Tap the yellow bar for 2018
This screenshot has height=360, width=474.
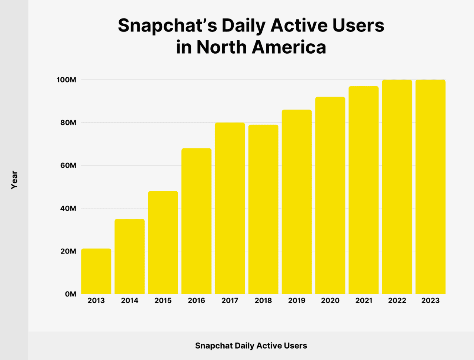[x=263, y=209]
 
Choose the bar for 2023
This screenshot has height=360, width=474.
[x=430, y=187]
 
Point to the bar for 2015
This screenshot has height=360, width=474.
[x=163, y=243]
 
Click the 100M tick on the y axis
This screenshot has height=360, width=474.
[x=66, y=80]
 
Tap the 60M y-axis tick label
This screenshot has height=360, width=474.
[x=68, y=165]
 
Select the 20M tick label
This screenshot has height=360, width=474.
[x=68, y=251]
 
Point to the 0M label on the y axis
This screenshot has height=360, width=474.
[x=70, y=294]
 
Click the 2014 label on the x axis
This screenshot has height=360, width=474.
[x=130, y=301]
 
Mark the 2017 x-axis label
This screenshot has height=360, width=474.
[x=230, y=301]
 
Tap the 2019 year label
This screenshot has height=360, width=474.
[x=297, y=301]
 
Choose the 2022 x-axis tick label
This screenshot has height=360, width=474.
[x=397, y=301]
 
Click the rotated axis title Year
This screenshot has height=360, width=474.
[x=14, y=180]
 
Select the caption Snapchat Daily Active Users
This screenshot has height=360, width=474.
[x=251, y=346]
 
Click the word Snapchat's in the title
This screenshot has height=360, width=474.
[x=166, y=26]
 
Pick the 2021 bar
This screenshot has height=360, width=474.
[x=364, y=190]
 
